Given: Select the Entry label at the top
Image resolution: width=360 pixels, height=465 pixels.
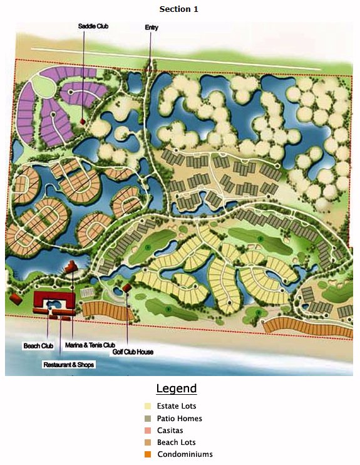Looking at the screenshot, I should click(151, 28).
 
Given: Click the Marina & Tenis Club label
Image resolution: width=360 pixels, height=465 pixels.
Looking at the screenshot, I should click(90, 345).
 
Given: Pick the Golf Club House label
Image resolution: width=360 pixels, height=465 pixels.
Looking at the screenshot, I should click(133, 352).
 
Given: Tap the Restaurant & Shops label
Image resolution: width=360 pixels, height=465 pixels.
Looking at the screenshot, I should click(69, 364).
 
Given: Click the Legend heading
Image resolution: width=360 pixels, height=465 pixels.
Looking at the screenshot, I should click(176, 389).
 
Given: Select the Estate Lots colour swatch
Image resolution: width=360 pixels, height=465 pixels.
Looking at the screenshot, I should click(148, 406).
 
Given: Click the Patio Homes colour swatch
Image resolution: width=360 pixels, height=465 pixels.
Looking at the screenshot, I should click(148, 418).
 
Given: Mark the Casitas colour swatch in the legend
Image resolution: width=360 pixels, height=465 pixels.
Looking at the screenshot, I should click(148, 431).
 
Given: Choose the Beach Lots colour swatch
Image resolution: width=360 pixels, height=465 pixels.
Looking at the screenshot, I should click(148, 442).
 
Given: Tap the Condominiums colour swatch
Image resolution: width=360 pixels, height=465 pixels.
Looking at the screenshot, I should click(148, 454).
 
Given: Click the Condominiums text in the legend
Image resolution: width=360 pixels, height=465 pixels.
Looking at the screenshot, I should click(185, 454).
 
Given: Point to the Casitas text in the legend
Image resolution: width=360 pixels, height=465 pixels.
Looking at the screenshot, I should click(170, 431).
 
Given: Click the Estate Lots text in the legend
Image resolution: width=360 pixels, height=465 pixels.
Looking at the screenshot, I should click(177, 406).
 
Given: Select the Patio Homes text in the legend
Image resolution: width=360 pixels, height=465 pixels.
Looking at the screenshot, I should click(180, 418).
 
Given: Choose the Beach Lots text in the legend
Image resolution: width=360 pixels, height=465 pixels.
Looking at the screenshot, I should click(177, 442).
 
